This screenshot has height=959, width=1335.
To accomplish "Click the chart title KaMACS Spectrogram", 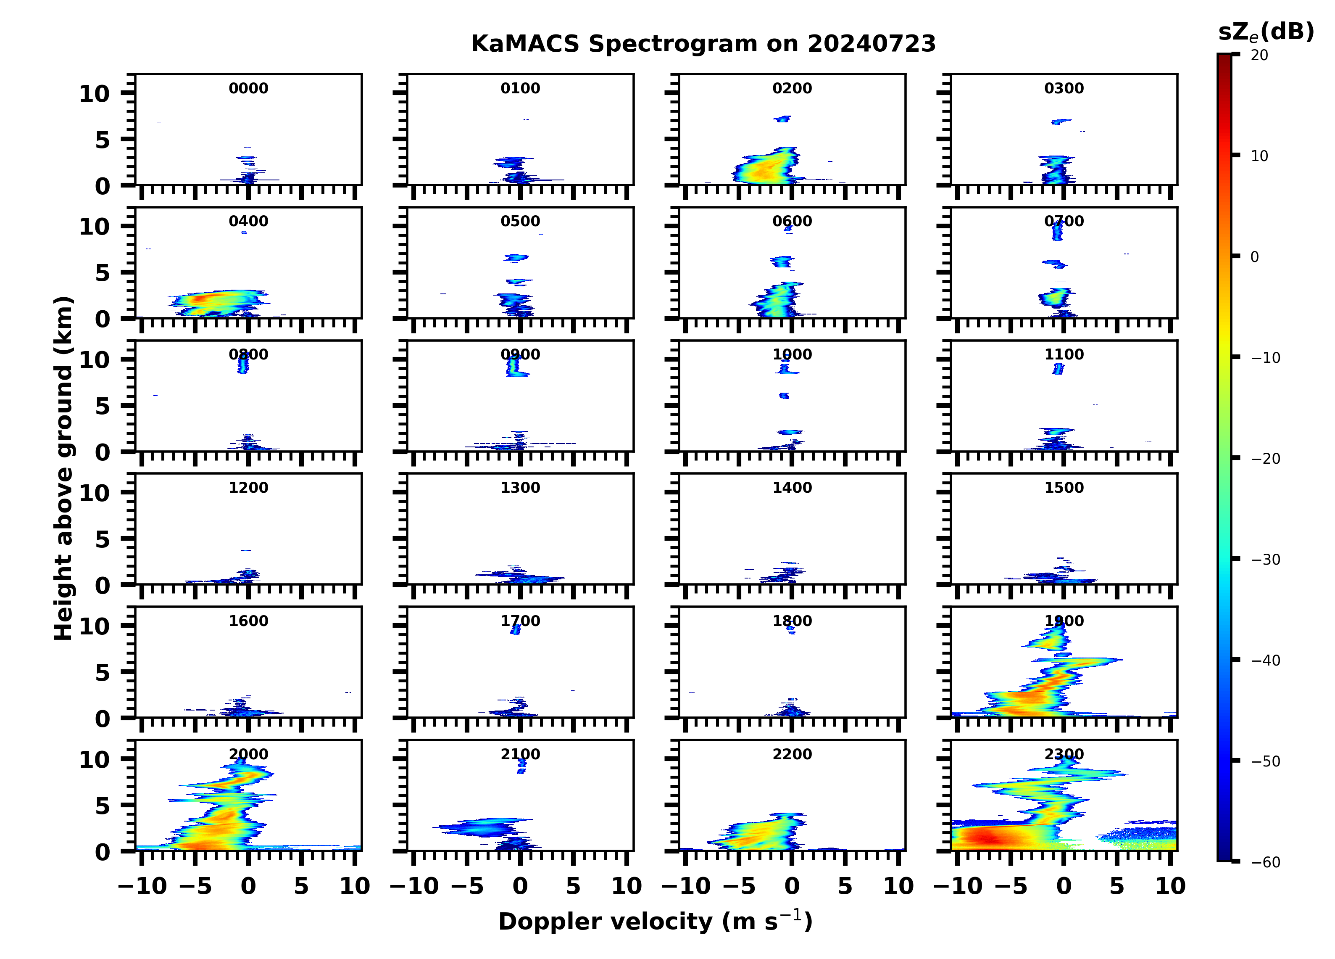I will (703, 44).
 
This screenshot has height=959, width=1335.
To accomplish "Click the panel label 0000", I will (248, 88).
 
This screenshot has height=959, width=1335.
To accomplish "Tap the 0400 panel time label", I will (248, 222).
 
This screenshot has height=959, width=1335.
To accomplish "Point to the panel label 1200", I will (248, 488).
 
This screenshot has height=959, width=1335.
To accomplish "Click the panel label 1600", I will (248, 621).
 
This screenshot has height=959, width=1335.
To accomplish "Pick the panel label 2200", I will (792, 754).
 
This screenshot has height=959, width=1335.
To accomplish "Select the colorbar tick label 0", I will (1254, 257).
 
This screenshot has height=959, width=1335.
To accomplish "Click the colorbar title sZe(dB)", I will (1266, 32).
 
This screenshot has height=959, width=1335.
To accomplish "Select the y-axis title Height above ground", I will (63, 468).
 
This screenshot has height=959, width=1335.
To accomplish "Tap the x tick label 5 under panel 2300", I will (1116, 886).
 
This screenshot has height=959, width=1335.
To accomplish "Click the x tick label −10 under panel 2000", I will (142, 886).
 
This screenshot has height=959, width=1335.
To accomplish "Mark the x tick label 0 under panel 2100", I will (520, 886).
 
